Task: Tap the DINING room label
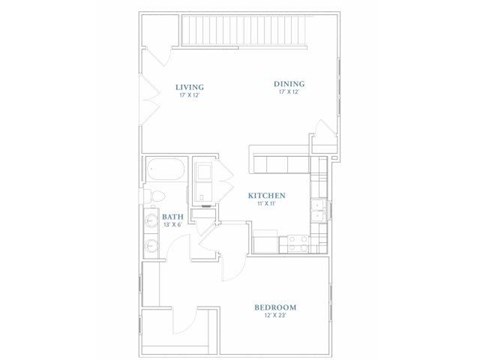click(x=290, y=84)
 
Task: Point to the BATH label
click(x=173, y=216)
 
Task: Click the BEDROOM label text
click(x=272, y=307)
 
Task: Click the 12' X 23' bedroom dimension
click(x=272, y=317)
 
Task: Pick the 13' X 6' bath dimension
click(x=173, y=225)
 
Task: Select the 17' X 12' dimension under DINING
click(x=290, y=93)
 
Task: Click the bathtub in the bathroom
click(x=164, y=171)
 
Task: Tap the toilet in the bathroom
click(x=155, y=196)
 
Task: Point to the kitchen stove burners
click(x=294, y=242)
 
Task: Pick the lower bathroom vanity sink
click(x=151, y=244)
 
